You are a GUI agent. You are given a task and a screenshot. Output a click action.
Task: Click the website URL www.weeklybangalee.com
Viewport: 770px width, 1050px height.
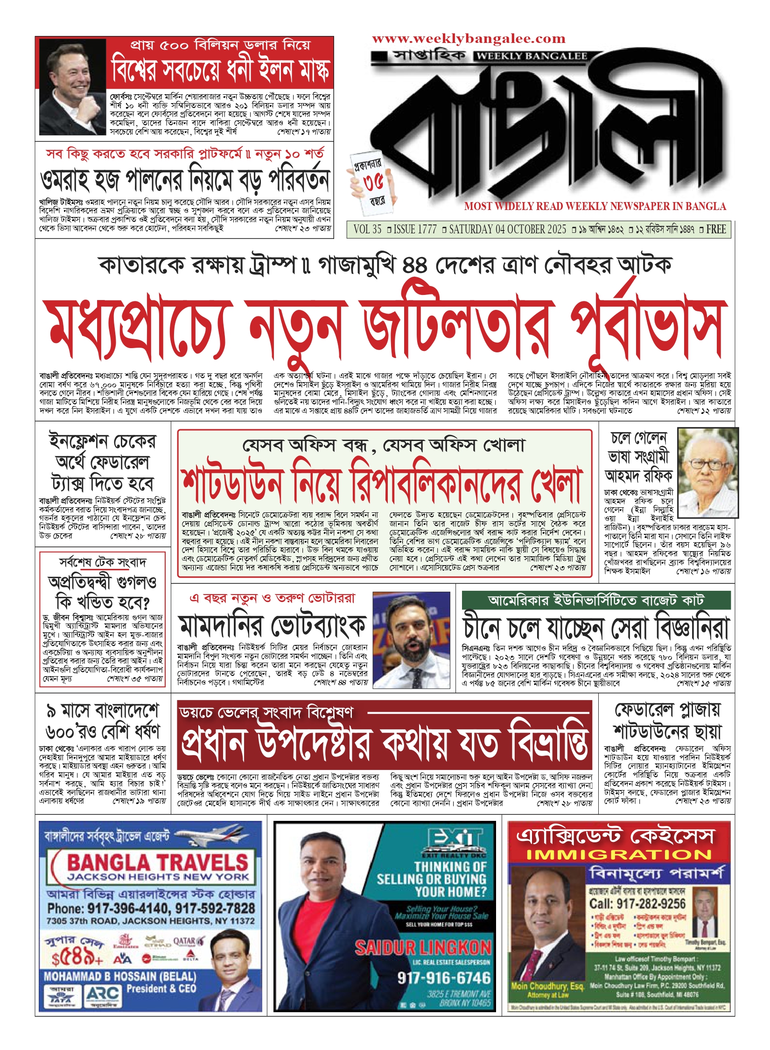point(469,39)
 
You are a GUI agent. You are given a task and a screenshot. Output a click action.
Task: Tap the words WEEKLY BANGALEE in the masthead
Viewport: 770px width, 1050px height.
point(532,56)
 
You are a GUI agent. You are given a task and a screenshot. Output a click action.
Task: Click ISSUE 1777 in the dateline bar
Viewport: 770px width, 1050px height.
point(415,230)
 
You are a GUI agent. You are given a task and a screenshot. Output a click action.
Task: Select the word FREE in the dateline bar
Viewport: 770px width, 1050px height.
point(716,230)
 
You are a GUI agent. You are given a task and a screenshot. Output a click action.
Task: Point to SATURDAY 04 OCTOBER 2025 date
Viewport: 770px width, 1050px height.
point(507,230)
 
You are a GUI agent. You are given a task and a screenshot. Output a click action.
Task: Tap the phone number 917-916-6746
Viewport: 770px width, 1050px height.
point(444,978)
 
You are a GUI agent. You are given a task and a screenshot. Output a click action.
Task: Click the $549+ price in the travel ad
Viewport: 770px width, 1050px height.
point(77,959)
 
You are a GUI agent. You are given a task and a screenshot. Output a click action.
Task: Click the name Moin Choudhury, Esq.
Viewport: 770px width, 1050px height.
point(547,986)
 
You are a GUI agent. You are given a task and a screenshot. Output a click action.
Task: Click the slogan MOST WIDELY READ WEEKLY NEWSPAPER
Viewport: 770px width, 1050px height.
point(595,206)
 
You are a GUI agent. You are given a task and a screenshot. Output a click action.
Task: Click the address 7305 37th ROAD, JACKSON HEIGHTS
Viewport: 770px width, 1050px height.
point(150,921)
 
